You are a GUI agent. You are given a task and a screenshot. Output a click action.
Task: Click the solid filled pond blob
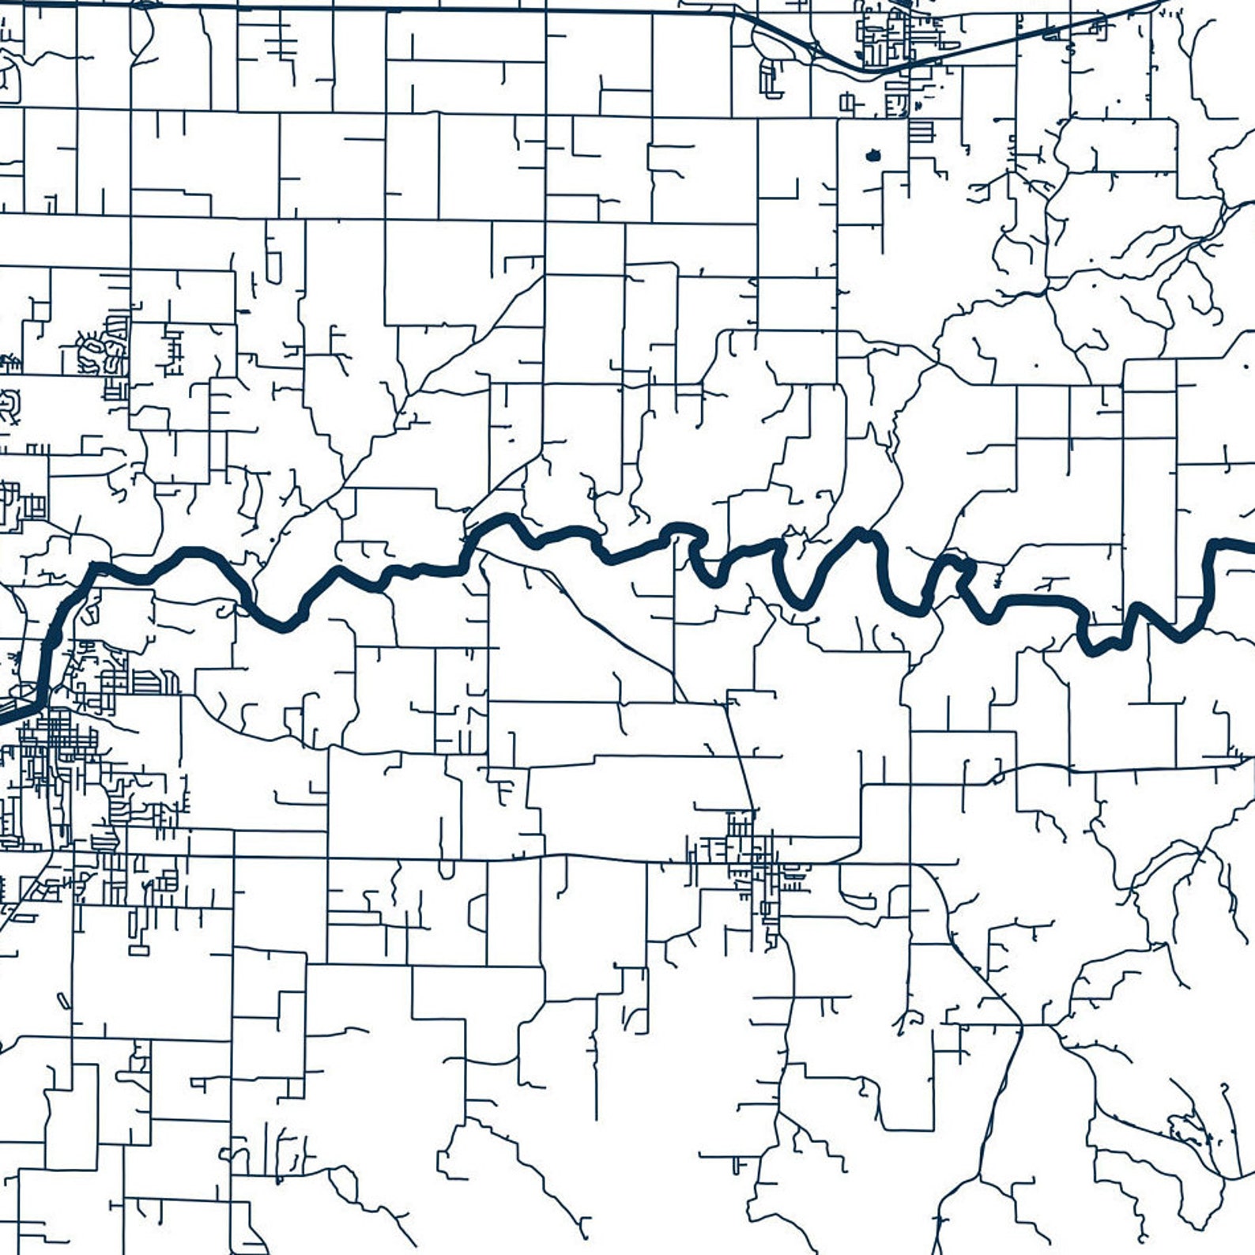click(872, 156)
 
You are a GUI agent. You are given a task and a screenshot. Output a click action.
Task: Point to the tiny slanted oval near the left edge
click(63, 1001)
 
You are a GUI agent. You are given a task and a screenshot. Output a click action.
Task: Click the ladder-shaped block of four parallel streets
click(921, 130)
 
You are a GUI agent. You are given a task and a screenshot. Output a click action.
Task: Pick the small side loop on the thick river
click(963, 566)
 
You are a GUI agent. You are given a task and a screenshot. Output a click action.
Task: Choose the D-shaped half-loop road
click(478, 913)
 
